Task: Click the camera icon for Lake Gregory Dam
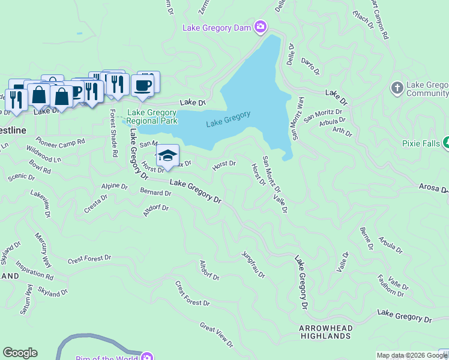(260, 26)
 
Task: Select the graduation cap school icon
(168, 155)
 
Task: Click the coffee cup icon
(142, 85)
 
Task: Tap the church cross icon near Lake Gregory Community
(396, 88)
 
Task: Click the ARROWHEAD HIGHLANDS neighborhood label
(325, 332)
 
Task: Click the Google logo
(20, 353)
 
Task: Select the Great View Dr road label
(216, 334)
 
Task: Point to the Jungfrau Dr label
(253, 265)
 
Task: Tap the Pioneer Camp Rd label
(60, 142)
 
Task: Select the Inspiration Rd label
(34, 269)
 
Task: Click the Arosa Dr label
(433, 189)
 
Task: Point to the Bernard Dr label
(155, 193)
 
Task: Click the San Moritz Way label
(298, 116)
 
